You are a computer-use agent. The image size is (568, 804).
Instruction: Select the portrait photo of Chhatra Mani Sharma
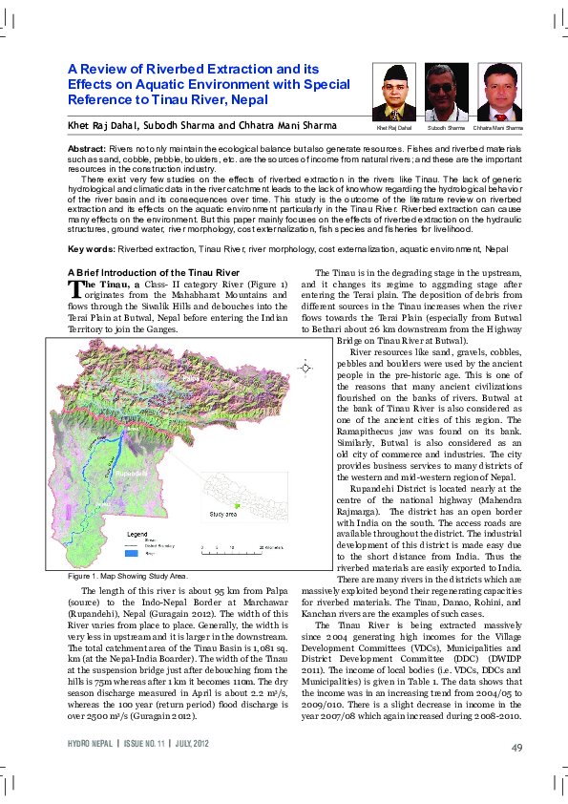[500, 92]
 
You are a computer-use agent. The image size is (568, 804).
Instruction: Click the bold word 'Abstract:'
[87, 152]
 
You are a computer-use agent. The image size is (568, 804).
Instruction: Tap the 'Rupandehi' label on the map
[129, 472]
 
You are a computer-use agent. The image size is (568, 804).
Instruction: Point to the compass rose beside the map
[305, 367]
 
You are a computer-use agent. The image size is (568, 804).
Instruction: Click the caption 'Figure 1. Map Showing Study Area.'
[128, 576]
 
